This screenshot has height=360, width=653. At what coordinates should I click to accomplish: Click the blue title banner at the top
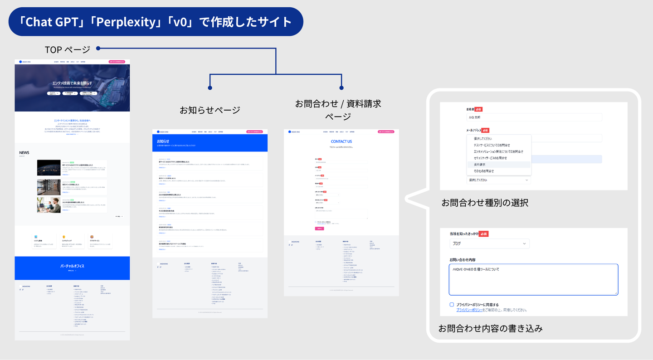click(x=156, y=22)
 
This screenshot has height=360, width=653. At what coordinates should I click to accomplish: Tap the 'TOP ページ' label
click(x=67, y=49)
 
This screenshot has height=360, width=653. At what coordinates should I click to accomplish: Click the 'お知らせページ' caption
click(x=210, y=110)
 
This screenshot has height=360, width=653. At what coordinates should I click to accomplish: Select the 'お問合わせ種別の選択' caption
click(x=485, y=203)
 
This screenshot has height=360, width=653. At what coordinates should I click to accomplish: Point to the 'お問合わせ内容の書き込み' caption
click(x=490, y=328)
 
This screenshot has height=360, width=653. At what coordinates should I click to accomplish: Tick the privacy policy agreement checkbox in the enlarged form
click(x=452, y=305)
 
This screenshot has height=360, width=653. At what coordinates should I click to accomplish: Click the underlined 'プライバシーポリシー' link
click(x=469, y=310)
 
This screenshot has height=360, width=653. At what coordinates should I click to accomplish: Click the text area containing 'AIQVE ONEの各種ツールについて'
click(x=533, y=279)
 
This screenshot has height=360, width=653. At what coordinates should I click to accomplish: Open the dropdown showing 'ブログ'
click(x=489, y=243)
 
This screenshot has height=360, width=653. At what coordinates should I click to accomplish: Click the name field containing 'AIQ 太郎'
click(x=534, y=117)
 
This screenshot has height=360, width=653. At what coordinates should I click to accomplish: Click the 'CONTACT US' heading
click(x=341, y=141)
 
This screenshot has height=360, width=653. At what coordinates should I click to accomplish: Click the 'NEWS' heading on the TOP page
click(x=24, y=152)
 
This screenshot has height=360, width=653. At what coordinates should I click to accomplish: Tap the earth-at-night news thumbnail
click(x=49, y=167)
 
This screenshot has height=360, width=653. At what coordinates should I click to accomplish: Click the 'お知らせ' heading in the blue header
click(x=163, y=141)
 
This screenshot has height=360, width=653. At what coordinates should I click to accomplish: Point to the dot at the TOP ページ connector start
click(x=98, y=49)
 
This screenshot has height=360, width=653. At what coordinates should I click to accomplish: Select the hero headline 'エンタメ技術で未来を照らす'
click(x=72, y=83)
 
